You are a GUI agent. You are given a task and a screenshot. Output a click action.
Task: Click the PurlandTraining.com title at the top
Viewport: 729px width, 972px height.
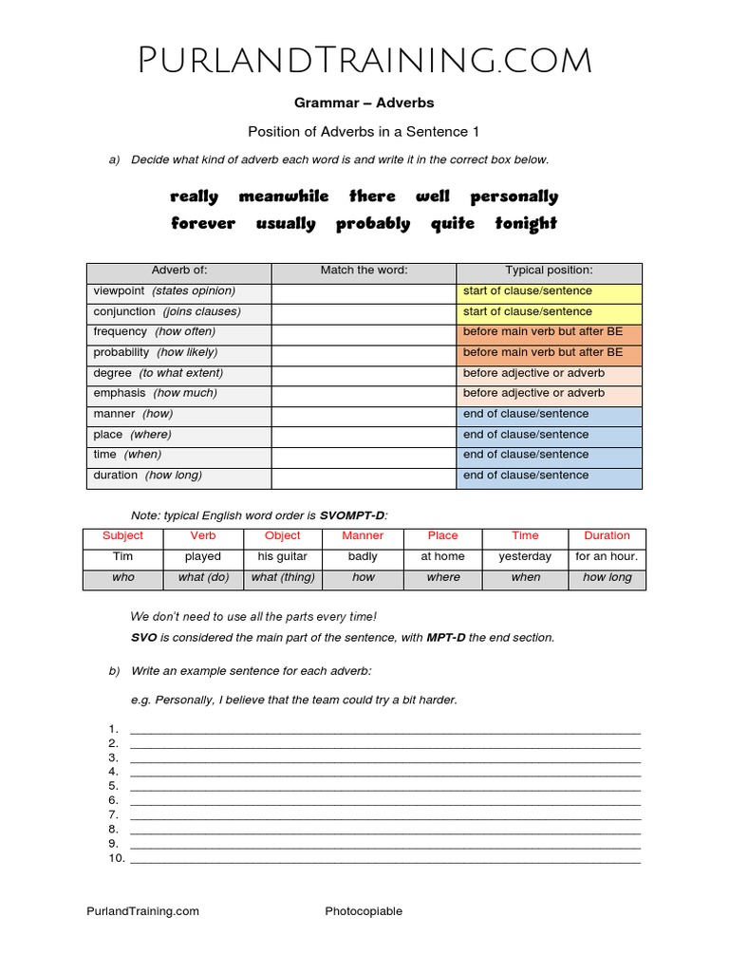(364, 61)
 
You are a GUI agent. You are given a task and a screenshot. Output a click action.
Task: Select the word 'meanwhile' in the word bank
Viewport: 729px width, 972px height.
(284, 196)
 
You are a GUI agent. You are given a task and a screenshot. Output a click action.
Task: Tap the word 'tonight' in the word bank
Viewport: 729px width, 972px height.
(526, 224)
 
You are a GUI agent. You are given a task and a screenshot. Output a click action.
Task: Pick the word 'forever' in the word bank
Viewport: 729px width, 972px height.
(203, 224)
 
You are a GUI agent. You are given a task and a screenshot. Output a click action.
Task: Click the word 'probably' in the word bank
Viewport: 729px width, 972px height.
(373, 224)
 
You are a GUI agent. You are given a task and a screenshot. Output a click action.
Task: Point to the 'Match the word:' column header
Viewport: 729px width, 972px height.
(364, 271)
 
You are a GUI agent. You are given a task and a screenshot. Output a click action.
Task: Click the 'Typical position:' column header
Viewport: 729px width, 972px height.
(549, 271)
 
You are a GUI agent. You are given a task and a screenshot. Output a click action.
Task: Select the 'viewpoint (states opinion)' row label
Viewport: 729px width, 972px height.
(164, 291)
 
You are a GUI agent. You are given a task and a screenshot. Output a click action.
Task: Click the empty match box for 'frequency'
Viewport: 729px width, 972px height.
(364, 332)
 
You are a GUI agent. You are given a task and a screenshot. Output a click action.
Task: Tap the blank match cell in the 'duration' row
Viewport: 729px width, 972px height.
(364, 476)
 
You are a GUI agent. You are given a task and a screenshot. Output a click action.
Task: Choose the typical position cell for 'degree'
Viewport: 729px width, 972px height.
(549, 373)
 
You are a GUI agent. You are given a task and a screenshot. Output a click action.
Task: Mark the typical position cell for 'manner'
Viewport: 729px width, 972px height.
(549, 414)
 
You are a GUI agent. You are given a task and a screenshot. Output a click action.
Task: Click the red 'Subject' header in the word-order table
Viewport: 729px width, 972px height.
(123, 536)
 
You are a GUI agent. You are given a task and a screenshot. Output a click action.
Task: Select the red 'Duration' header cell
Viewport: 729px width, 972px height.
(607, 536)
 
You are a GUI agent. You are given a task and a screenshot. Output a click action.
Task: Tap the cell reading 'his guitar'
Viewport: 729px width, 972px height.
(283, 557)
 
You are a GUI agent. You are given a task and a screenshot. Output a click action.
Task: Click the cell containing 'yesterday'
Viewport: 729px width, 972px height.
(525, 557)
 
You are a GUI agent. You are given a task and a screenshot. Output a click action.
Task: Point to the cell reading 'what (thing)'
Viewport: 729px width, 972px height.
(283, 578)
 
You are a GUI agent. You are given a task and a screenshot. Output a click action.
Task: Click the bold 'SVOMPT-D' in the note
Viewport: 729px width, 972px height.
(352, 515)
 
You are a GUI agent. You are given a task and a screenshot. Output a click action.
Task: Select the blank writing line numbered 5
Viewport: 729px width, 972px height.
(384, 787)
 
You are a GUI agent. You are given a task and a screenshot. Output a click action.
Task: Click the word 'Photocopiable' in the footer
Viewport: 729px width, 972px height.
(364, 911)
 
